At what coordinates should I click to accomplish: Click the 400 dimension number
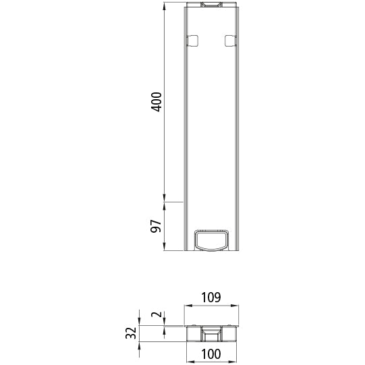[156, 103]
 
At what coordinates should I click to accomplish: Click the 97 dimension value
[156, 226]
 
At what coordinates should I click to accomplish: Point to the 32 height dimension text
[132, 333]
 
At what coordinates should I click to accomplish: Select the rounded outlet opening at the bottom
[210, 240]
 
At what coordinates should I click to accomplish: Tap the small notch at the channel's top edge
[210, 6]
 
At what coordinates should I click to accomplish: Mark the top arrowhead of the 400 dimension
[165, 8]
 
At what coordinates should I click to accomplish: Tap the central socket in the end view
[211, 334]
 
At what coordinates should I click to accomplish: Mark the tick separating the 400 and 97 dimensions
[165, 202]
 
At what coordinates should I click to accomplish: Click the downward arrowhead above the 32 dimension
[140, 322]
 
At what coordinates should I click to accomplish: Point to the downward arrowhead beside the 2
[164, 321]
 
